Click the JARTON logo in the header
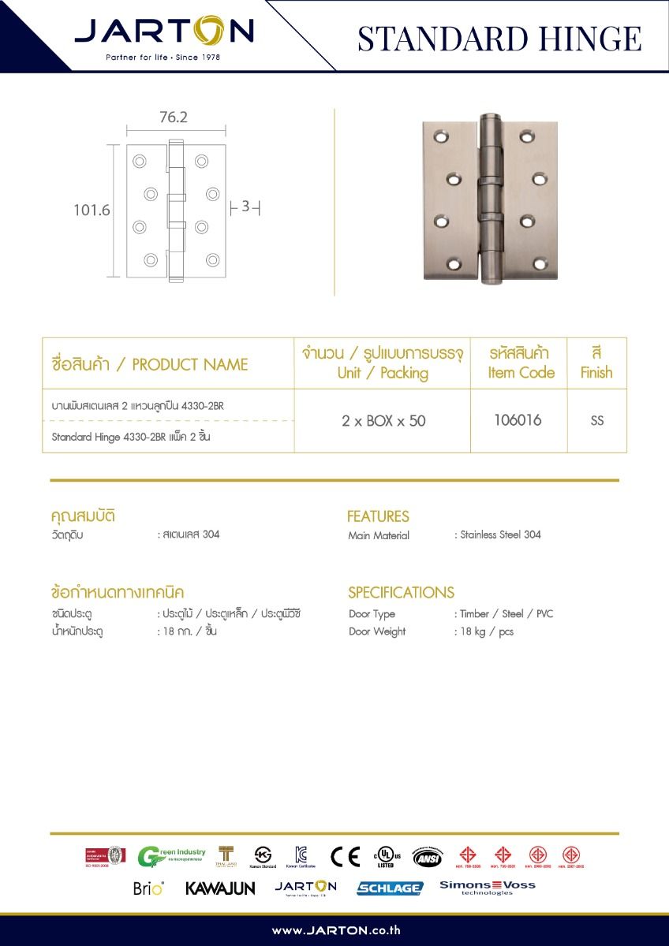click(164, 33)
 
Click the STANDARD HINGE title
click(499, 38)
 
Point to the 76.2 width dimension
click(174, 117)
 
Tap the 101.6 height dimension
click(92, 210)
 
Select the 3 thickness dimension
click(245, 207)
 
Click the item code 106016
click(518, 420)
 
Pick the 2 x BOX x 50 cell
click(383, 421)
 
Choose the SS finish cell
click(596, 421)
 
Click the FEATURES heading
click(378, 516)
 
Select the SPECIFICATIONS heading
click(401, 592)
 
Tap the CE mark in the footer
click(345, 856)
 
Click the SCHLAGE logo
click(390, 888)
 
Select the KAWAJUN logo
click(220, 888)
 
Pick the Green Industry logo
click(171, 856)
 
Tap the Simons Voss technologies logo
click(487, 888)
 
